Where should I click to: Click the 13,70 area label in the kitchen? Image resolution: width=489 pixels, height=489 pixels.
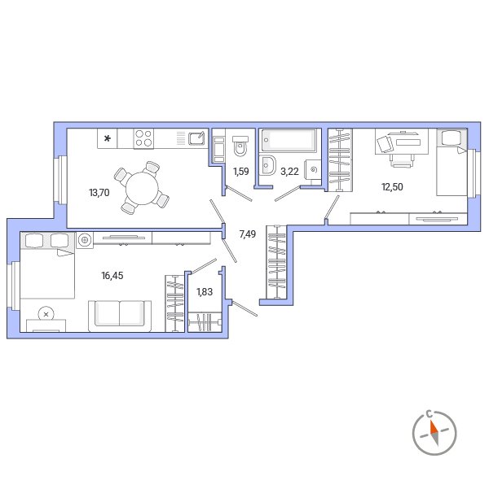[99, 193]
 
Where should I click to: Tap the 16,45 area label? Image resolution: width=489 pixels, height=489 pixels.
[112, 276]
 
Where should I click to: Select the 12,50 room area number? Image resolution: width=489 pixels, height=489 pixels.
[392, 187]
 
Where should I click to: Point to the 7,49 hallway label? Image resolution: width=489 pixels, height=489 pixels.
[248, 234]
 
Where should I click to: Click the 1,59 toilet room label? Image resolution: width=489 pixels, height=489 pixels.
[241, 171]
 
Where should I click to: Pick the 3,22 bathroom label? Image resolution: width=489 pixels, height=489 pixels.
[289, 171]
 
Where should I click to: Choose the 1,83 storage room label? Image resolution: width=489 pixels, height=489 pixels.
[205, 292]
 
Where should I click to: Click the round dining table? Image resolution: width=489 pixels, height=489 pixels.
[142, 189]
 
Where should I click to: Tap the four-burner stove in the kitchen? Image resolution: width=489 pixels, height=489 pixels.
[143, 138]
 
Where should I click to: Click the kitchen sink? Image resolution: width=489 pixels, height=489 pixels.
[196, 138]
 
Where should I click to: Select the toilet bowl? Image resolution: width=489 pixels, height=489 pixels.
[240, 146]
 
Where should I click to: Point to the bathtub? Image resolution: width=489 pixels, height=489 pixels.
[289, 140]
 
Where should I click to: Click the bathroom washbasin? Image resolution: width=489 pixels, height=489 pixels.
[268, 166]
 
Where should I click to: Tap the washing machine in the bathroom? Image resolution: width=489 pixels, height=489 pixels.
[313, 170]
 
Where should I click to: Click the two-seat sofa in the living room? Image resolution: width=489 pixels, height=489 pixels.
[120, 316]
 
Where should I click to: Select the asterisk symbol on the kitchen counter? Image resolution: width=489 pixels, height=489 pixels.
[108, 138]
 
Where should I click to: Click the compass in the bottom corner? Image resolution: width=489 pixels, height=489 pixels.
[434, 433]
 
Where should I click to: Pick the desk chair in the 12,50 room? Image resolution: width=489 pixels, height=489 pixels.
[402, 161]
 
